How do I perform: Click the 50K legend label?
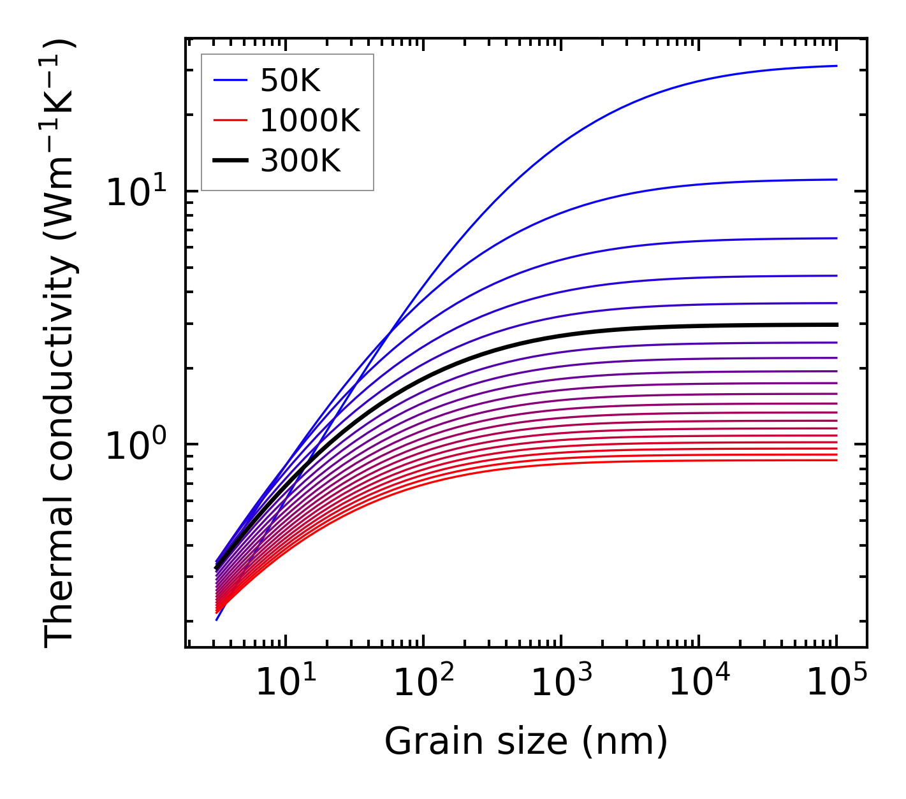coord(290,81)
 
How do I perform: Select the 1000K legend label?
coord(310,120)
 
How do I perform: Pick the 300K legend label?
coord(300,161)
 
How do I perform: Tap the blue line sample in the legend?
coord(230,80)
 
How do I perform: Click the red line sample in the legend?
coord(230,120)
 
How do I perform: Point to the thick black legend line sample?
coord(230,161)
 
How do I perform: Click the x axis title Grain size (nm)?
coord(526,742)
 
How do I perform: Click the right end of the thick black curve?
coord(835,325)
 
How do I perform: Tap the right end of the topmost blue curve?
coord(835,66)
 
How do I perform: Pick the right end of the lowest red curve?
coord(835,460)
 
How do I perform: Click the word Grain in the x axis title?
coord(422,742)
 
